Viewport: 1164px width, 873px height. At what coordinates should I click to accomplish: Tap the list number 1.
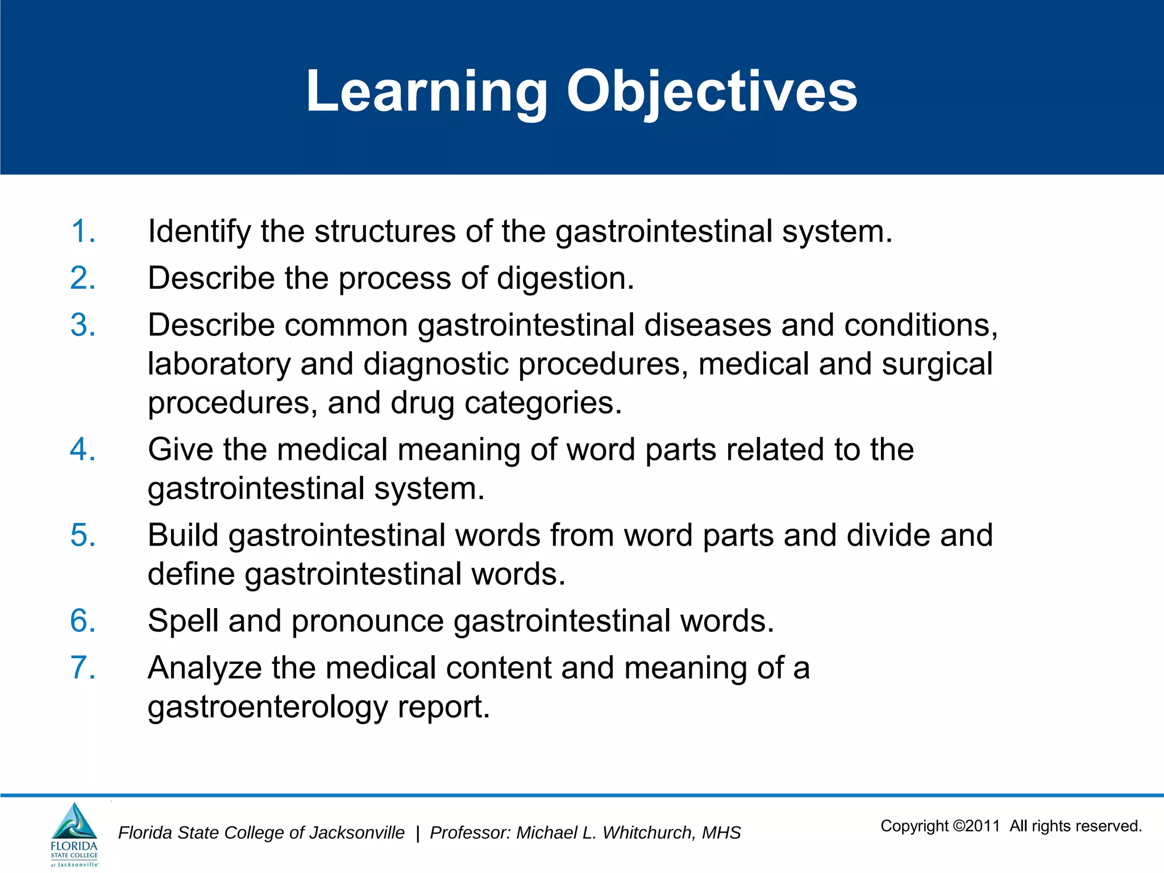pyautogui.click(x=83, y=231)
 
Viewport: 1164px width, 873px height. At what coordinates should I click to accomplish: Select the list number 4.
pyautogui.click(x=83, y=450)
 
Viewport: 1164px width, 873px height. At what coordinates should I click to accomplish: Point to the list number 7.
pyautogui.click(x=83, y=668)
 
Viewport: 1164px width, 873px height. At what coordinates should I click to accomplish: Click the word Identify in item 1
pyautogui.click(x=199, y=232)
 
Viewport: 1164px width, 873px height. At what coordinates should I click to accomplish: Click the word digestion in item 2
pyautogui.click(x=565, y=279)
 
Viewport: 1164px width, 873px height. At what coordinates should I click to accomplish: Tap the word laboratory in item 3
pyautogui.click(x=219, y=364)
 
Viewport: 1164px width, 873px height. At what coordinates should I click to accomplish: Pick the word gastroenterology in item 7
pyautogui.click(x=267, y=707)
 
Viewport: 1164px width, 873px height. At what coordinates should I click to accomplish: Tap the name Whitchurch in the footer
pyautogui.click(x=648, y=833)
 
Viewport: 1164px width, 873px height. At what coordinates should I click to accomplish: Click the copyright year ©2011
pyautogui.click(x=976, y=826)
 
